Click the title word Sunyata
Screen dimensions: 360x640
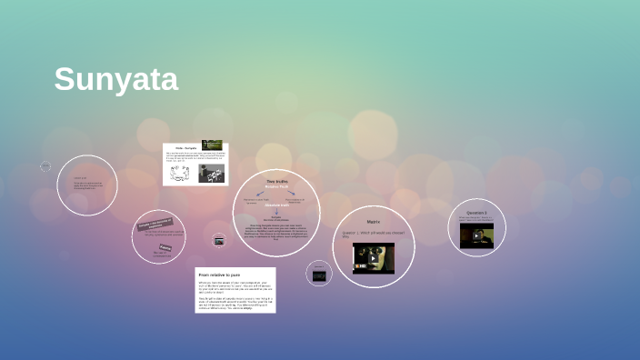point(115,79)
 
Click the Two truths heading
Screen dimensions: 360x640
point(276,182)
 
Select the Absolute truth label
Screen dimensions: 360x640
point(276,205)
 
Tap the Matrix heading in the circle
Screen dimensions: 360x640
point(373,222)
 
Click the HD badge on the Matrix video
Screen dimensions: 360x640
point(361,266)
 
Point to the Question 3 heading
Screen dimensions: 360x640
point(477,213)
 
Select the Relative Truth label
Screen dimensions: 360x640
point(276,187)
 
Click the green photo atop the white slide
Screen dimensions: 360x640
point(211,145)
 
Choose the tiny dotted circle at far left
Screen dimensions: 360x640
point(45,166)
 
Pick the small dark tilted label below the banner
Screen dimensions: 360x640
point(165,246)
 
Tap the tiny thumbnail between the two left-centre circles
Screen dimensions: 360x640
point(219,240)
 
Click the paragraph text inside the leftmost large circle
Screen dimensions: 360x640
point(87,186)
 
